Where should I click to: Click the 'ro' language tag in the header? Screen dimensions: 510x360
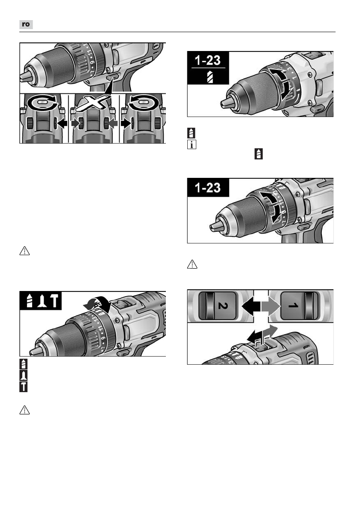tap(26, 24)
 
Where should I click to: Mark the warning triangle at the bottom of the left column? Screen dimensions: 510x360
tap(24, 410)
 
